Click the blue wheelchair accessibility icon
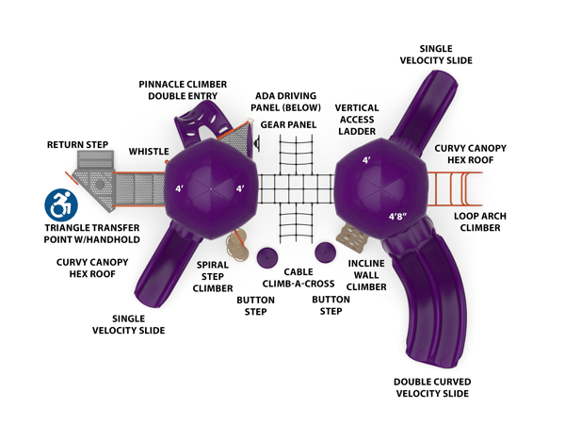[x=61, y=203]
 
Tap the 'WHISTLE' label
[x=149, y=151]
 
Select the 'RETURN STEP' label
[x=78, y=145]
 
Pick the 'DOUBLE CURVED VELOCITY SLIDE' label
[x=433, y=387]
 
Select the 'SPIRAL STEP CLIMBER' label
[x=213, y=276]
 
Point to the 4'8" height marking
[x=398, y=216]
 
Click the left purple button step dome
[x=266, y=256]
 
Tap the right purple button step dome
[x=325, y=252]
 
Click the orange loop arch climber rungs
[x=456, y=188]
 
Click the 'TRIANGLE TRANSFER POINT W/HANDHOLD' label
[x=91, y=234]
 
